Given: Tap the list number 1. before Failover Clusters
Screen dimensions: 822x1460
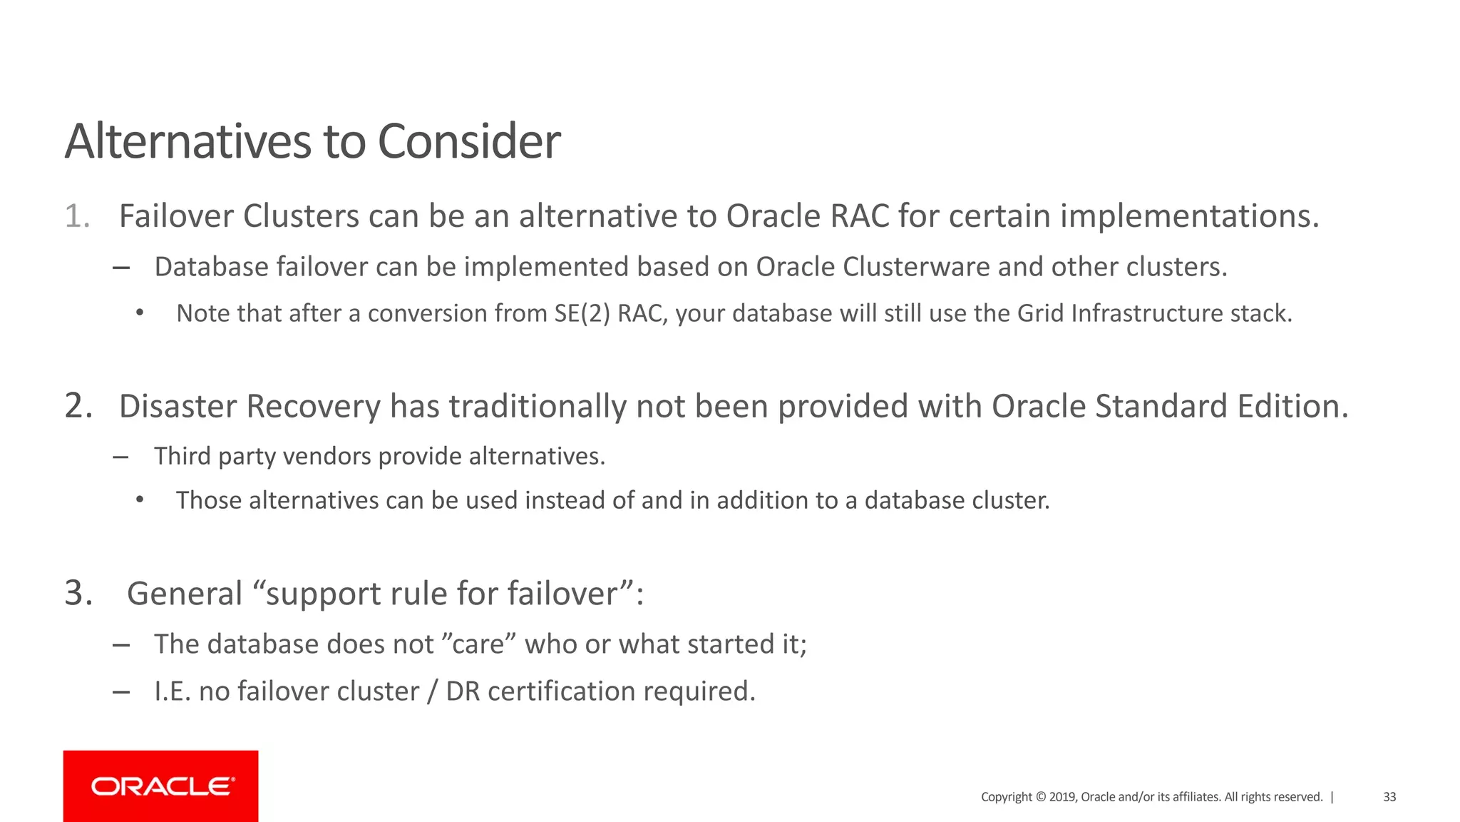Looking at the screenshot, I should (x=78, y=216).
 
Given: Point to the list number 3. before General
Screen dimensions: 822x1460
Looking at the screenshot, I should (x=78, y=593).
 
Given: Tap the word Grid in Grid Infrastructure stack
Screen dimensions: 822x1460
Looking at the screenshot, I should (x=1041, y=314).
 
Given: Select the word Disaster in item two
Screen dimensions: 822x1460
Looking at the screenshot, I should (x=178, y=406).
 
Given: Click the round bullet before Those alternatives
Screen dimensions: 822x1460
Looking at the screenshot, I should (x=140, y=500).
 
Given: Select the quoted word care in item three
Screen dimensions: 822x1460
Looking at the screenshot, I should (x=484, y=644).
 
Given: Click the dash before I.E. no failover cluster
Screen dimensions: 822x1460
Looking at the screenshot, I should (x=121, y=691).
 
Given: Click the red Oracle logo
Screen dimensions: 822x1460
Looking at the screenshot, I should (x=161, y=786).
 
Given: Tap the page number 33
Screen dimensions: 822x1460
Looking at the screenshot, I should (x=1389, y=797).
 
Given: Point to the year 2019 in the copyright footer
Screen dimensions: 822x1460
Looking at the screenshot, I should (x=1061, y=797).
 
